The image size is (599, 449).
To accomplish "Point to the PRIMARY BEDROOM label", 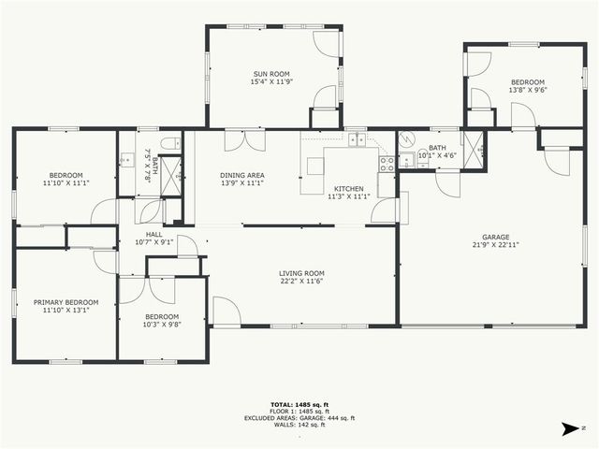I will (66, 302).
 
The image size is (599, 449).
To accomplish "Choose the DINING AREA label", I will (241, 175).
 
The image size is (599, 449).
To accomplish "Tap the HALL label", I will (154, 235).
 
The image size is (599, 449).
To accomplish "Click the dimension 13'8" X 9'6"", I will (527, 91).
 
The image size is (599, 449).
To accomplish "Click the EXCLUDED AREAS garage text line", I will (299, 418).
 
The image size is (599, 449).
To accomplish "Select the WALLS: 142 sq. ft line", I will (299, 425).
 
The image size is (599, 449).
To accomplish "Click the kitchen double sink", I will (358, 141).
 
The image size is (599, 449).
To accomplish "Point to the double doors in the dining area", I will (245, 141).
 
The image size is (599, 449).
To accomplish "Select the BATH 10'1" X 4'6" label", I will (437, 151).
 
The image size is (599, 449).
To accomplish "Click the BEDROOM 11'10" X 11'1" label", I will (66, 180).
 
